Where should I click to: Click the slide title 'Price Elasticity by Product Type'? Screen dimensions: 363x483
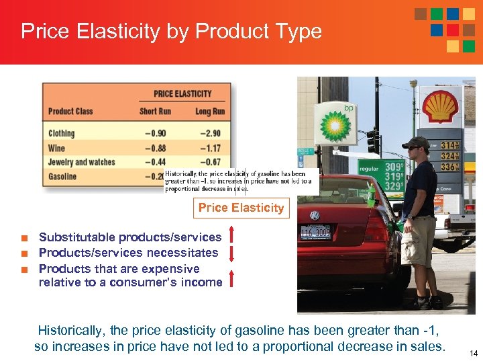tap(171, 32)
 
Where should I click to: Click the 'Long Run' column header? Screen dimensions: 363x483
tap(209, 112)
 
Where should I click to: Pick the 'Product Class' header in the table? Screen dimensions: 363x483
tap(70, 112)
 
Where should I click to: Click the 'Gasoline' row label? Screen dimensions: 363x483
tap(62, 177)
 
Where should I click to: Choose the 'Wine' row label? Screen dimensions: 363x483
tap(56, 148)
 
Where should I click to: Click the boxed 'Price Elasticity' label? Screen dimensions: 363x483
tap(241, 208)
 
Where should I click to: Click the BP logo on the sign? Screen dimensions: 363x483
tap(335, 126)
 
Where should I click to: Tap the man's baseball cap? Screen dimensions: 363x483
tap(416, 143)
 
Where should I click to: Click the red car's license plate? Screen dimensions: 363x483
tap(315, 233)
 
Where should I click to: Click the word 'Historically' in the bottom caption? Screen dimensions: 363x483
tap(66, 331)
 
